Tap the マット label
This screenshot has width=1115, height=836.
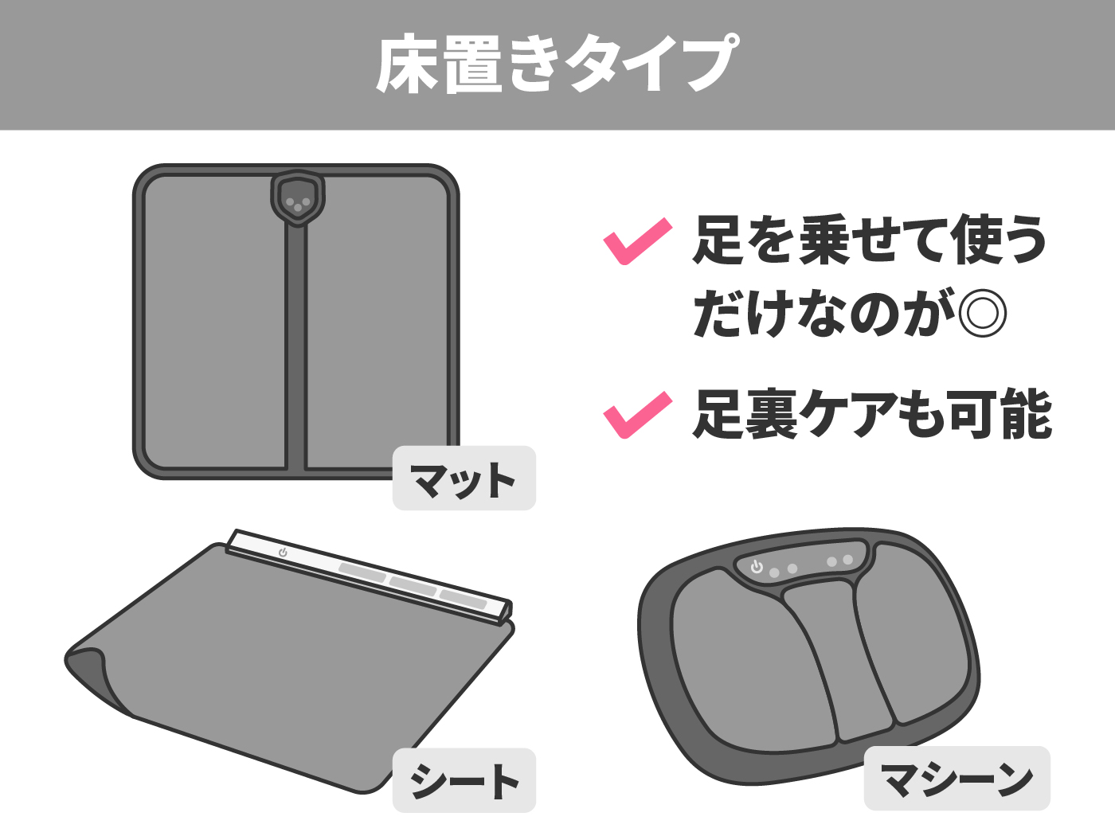click(464, 479)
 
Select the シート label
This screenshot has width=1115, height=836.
click(464, 780)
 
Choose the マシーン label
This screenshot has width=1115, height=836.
click(957, 778)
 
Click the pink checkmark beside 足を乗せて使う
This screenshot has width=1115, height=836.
click(637, 241)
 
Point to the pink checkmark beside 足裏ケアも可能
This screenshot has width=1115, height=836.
click(637, 415)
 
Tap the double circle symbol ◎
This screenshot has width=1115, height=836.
click(982, 313)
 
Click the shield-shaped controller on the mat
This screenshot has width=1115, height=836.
click(298, 198)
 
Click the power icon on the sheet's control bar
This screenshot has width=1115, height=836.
click(283, 553)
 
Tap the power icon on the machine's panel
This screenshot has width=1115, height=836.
click(757, 566)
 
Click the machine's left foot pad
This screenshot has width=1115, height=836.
click(753, 660)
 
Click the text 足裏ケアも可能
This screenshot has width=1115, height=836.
click(871, 415)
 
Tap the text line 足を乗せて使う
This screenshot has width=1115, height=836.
click(870, 240)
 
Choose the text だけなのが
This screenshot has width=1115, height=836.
click(823, 313)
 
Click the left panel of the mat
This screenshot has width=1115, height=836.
click(214, 322)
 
